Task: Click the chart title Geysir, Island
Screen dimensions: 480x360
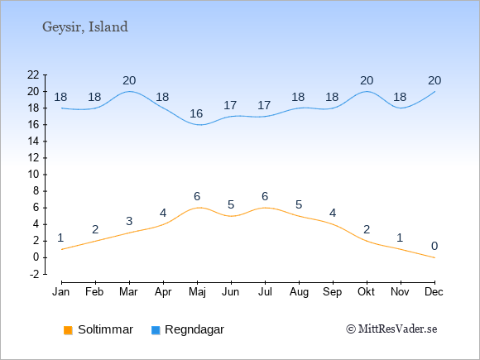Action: [85, 27]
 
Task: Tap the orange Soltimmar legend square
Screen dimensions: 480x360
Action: [68, 330]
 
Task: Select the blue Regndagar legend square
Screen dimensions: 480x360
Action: [156, 330]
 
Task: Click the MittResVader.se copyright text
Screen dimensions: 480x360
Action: [391, 329]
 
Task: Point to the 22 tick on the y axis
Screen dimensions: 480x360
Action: [33, 74]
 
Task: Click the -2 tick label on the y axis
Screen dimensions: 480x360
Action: [35, 274]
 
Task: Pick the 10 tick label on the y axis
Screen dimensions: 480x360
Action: [33, 175]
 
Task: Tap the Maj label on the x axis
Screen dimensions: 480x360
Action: [197, 292]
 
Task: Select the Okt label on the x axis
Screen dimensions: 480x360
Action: [366, 292]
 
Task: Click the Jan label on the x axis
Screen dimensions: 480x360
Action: [61, 292]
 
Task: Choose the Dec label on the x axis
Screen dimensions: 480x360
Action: [434, 292]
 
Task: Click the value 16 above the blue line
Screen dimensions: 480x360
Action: [196, 113]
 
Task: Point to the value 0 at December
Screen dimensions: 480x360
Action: [434, 246]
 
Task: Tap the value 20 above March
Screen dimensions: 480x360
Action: [129, 80]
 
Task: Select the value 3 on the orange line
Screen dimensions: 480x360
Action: [129, 221]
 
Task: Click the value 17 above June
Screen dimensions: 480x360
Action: [230, 105]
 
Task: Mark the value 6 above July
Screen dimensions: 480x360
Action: [265, 196]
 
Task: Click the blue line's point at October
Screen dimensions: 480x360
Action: [367, 92]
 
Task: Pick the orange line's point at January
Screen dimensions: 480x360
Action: [62, 249]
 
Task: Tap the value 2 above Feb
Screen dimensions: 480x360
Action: [95, 229]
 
